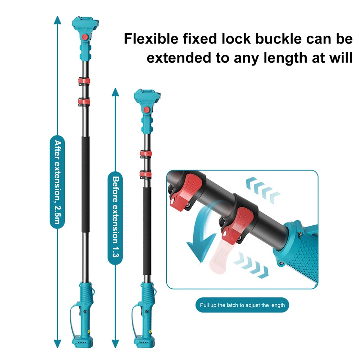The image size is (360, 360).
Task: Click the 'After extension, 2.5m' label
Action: [x=57, y=182]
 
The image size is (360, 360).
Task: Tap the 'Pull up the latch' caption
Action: [x=242, y=305]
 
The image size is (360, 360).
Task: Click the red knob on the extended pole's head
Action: [x=85, y=37]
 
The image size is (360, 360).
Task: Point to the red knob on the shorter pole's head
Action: [x=147, y=109]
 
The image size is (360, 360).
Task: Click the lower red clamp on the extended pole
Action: [x=84, y=102]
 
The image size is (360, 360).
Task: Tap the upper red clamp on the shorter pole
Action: [x=146, y=154]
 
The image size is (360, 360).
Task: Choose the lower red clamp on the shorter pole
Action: [x=145, y=175]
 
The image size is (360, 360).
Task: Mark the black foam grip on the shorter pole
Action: [x=147, y=231]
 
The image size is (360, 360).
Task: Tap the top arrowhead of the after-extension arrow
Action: [x=57, y=20]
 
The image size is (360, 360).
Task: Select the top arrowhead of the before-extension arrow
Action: [x=115, y=92]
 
